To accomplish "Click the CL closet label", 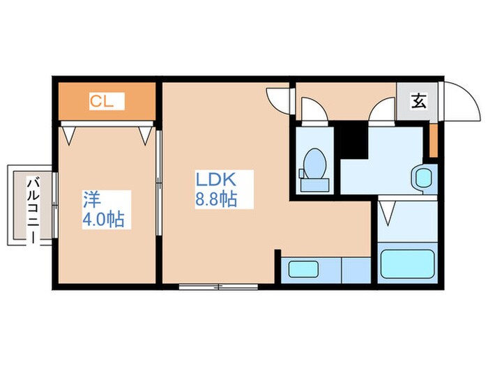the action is click(102, 101).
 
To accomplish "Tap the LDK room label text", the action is click(215, 179).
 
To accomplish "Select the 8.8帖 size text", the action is click(216, 199).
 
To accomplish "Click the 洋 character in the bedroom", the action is click(92, 199).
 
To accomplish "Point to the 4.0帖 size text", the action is click(104, 220).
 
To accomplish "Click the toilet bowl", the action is click(315, 164).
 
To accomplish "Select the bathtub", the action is click(407, 264).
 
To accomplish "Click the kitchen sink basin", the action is click(303, 269).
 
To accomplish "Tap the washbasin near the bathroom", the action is click(424, 178).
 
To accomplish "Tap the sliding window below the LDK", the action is click(218, 287).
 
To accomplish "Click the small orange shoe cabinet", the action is click(434, 141).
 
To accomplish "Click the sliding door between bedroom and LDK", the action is click(159, 183).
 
